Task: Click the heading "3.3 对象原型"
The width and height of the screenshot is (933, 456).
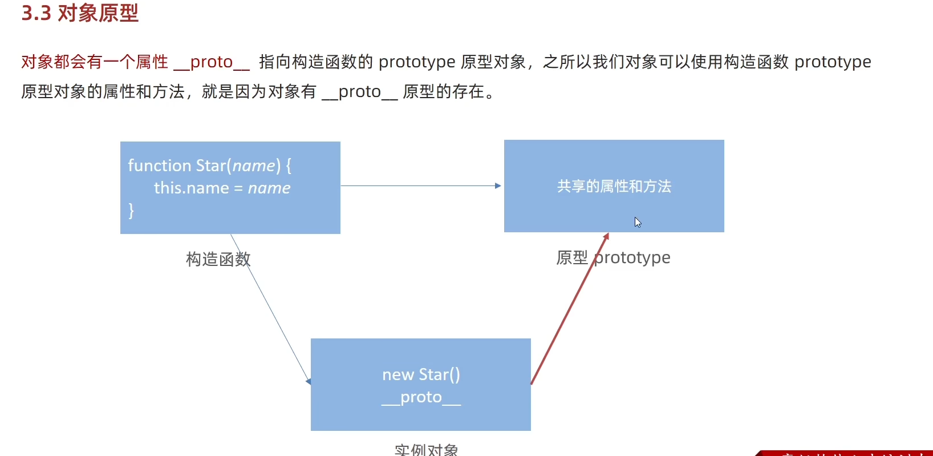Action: [x=80, y=13]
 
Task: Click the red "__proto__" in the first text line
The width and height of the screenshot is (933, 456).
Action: [x=212, y=62]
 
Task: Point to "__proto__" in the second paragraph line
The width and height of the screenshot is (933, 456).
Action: [x=359, y=92]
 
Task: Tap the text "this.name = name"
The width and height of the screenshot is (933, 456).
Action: [x=222, y=188]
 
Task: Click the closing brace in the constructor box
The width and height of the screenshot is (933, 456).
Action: [x=131, y=211]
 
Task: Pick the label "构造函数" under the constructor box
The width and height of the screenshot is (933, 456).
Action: [x=218, y=259]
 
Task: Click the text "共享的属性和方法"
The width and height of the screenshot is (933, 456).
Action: [x=614, y=186]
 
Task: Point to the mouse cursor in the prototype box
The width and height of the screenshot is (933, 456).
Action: [x=638, y=222]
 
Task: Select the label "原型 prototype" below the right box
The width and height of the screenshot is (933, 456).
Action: [x=613, y=258]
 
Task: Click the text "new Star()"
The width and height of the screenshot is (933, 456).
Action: [x=421, y=374]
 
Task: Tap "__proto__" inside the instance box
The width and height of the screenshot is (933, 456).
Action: [x=421, y=398]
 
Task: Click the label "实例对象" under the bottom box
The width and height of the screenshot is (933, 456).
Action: [x=426, y=450]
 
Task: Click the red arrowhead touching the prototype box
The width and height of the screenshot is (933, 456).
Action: [x=606, y=236]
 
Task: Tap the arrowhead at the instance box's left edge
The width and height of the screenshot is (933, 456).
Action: [x=309, y=381]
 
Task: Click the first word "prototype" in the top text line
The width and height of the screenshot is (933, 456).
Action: [x=417, y=62]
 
